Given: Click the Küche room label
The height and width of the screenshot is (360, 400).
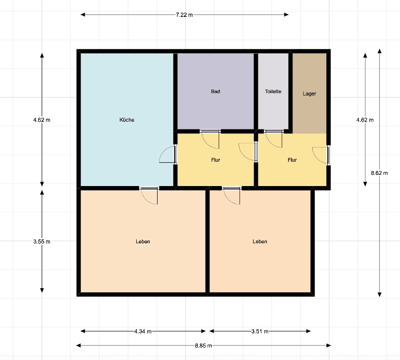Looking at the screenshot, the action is point(127,120).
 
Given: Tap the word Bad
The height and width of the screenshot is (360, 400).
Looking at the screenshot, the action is point(216,92).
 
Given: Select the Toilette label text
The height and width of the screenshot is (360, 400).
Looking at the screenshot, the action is point(273,92).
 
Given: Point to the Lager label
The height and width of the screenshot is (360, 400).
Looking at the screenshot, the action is point(309,94).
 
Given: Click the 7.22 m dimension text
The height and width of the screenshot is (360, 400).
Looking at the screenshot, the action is point(184,15).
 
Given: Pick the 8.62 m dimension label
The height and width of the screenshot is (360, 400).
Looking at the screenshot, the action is point(379,173).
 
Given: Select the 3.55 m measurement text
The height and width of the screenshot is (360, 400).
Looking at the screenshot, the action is point(42,242).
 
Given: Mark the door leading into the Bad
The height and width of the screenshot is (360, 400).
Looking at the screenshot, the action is point(210,139).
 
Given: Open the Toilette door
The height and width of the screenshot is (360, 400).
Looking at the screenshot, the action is point(274,139).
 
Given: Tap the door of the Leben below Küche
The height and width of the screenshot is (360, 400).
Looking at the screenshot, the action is point(149,196).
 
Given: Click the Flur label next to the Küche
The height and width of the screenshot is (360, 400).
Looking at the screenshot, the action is point(216,160).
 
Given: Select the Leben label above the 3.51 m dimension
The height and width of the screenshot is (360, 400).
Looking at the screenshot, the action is point(260,242).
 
